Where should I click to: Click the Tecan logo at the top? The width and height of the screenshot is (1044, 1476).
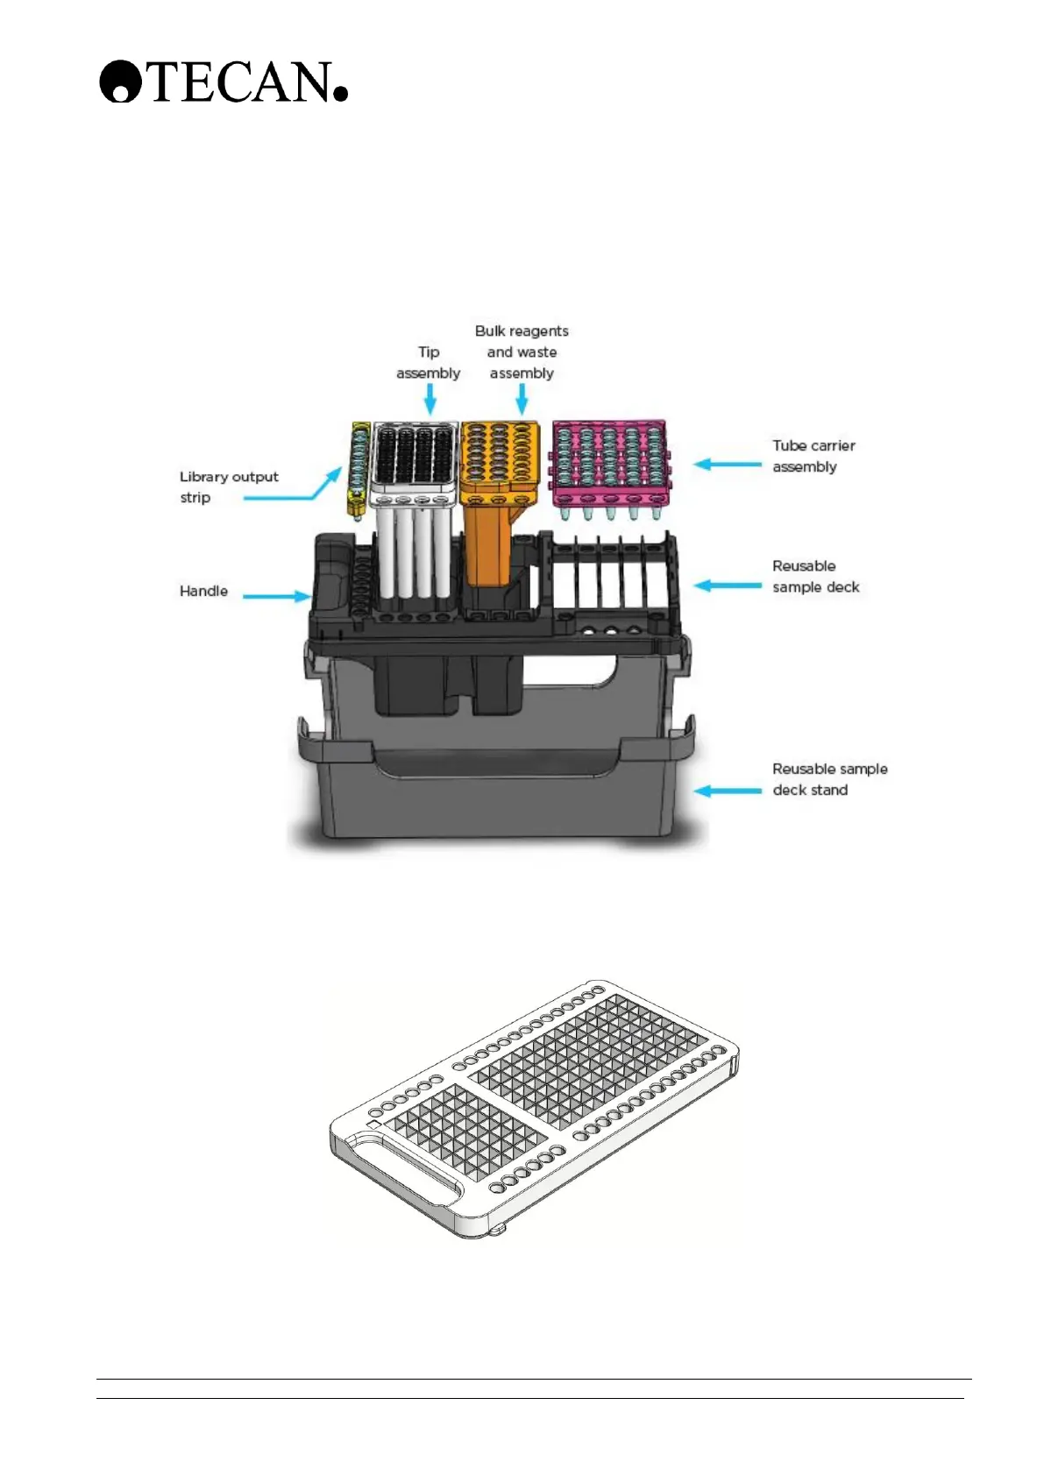[x=224, y=82]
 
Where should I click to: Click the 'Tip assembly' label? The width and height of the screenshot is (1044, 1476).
[x=428, y=362]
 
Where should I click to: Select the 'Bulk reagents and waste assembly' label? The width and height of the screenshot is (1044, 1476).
[x=522, y=351]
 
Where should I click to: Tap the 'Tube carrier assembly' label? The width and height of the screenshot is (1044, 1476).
[x=813, y=456]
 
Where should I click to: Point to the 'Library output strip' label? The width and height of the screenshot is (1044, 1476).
[x=228, y=486]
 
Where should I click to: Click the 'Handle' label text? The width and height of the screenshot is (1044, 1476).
[x=203, y=591]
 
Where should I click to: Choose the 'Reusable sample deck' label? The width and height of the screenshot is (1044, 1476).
[x=815, y=576]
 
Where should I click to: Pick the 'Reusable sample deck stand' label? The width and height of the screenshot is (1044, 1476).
[x=828, y=778]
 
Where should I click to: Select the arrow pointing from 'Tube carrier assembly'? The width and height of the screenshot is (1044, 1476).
[x=728, y=464]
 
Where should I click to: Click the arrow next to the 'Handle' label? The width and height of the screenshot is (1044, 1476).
[x=276, y=596]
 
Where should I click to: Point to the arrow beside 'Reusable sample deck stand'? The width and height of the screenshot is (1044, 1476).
[x=728, y=791]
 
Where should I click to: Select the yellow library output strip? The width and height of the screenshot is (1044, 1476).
[x=358, y=469]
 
